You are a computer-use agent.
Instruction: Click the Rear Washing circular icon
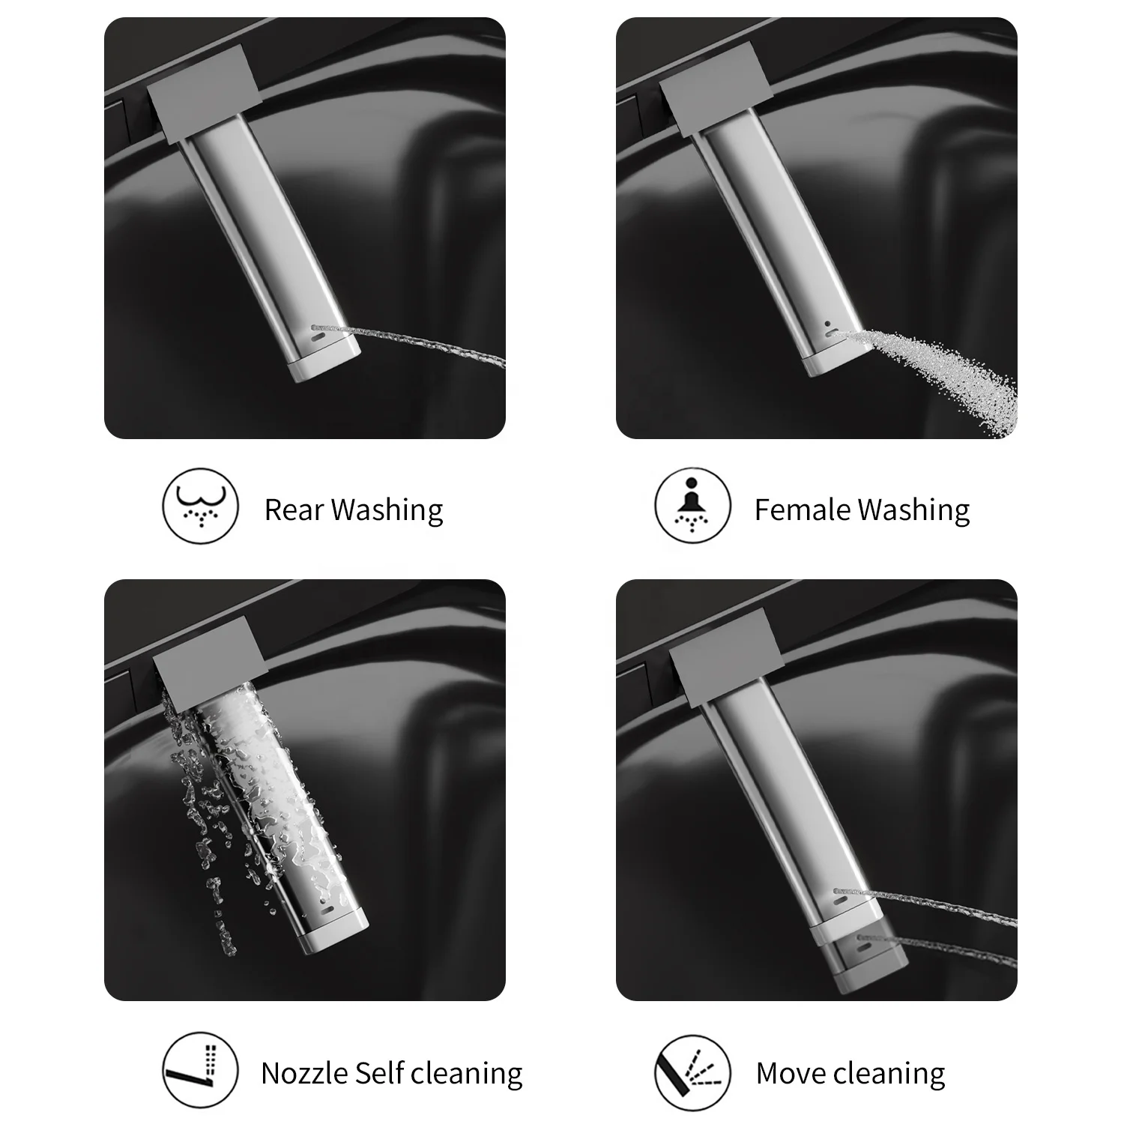(200, 507)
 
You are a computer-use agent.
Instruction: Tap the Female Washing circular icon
(692, 507)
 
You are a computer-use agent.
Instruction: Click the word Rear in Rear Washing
(294, 510)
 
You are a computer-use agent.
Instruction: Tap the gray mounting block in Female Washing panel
(716, 90)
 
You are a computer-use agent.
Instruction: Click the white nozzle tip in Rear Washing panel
(326, 362)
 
